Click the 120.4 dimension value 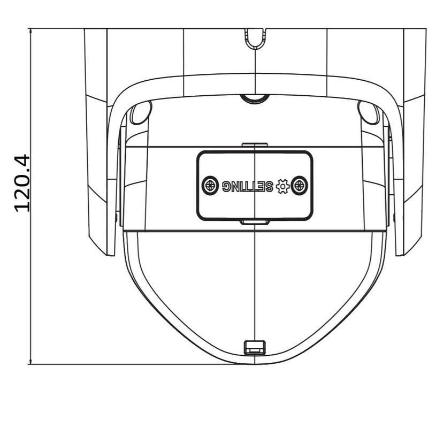(x=22, y=183)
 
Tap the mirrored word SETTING (x=248, y=186)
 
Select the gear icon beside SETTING (x=282, y=186)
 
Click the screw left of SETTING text (x=210, y=186)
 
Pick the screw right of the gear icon (x=300, y=186)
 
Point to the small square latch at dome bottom (x=255, y=347)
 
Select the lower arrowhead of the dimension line (x=30, y=360)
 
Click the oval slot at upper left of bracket (x=140, y=112)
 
